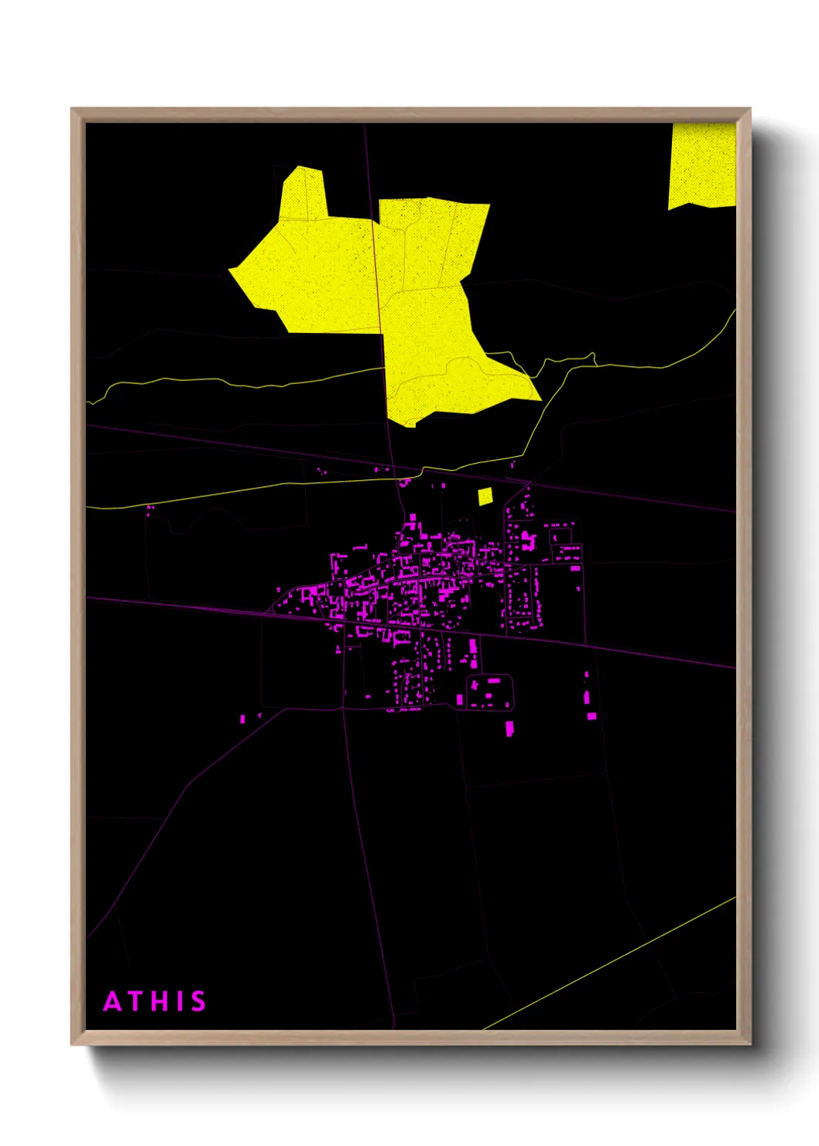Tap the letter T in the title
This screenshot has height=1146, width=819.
tap(136, 1001)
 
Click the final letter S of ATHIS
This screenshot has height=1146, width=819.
tap(197, 1001)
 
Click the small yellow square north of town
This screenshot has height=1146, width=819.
tap(485, 496)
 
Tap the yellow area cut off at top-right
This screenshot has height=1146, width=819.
tap(702, 164)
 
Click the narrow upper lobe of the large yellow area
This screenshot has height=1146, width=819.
tap(303, 194)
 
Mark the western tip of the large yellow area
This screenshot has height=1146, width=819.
tap(231, 269)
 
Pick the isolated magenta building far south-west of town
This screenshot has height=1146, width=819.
tap(242, 719)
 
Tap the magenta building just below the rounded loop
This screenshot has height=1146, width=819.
tap(509, 728)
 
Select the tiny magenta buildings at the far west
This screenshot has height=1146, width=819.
tap(150, 508)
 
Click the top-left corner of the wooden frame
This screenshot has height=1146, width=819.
tap(72, 109)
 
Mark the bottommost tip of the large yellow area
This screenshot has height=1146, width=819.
tap(410, 425)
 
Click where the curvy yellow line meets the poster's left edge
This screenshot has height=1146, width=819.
tap(87, 402)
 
